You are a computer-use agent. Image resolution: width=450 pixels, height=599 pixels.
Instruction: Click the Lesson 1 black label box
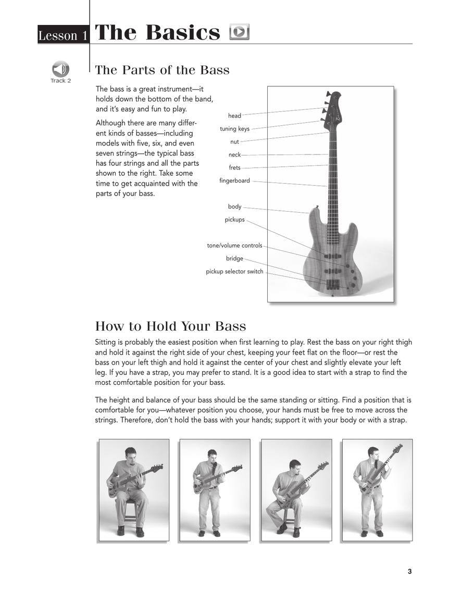(63, 35)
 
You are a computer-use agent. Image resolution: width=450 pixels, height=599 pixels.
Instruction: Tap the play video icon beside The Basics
(240, 32)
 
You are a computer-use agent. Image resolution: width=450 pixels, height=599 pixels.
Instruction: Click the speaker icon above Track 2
(60, 69)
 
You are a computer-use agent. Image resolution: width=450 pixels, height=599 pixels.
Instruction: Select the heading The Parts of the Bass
(162, 70)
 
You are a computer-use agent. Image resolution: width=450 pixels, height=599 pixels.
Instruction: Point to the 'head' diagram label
(234, 115)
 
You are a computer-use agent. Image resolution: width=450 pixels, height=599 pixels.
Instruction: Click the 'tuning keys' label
(234, 128)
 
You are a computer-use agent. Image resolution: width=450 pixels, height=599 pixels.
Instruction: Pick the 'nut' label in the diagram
(234, 141)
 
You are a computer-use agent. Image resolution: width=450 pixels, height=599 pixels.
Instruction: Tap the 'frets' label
(234, 167)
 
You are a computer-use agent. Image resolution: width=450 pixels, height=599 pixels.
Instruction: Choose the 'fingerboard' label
(234, 180)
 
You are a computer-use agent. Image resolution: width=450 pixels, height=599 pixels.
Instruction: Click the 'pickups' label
(234, 219)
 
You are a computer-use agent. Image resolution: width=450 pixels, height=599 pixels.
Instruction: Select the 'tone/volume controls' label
(234, 245)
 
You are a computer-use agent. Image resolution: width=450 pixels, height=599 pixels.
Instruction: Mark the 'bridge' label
(234, 258)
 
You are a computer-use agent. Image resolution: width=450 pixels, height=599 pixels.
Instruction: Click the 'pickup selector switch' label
(234, 271)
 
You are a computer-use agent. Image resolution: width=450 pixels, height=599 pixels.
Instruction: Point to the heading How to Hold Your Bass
(170, 327)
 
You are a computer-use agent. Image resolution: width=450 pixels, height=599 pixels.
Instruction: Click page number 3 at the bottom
(409, 571)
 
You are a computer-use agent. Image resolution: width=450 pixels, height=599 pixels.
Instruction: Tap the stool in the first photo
(130, 512)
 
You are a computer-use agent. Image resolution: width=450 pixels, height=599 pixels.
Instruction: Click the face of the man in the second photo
(212, 455)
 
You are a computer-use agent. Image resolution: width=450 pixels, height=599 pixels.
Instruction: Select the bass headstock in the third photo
(323, 465)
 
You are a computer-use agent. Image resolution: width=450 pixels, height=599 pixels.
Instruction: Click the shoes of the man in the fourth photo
(372, 533)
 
